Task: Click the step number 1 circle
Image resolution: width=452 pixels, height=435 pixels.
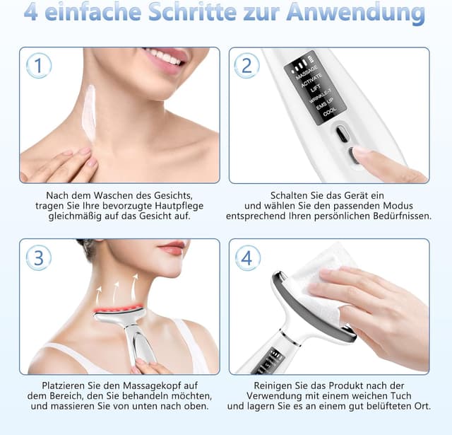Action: pyautogui.click(x=39, y=66)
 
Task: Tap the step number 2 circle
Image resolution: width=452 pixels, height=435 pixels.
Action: pyautogui.click(x=246, y=66)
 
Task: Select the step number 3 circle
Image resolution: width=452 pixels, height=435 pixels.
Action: pyautogui.click(x=39, y=257)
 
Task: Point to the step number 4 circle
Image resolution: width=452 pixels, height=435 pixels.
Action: pyautogui.click(x=246, y=258)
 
